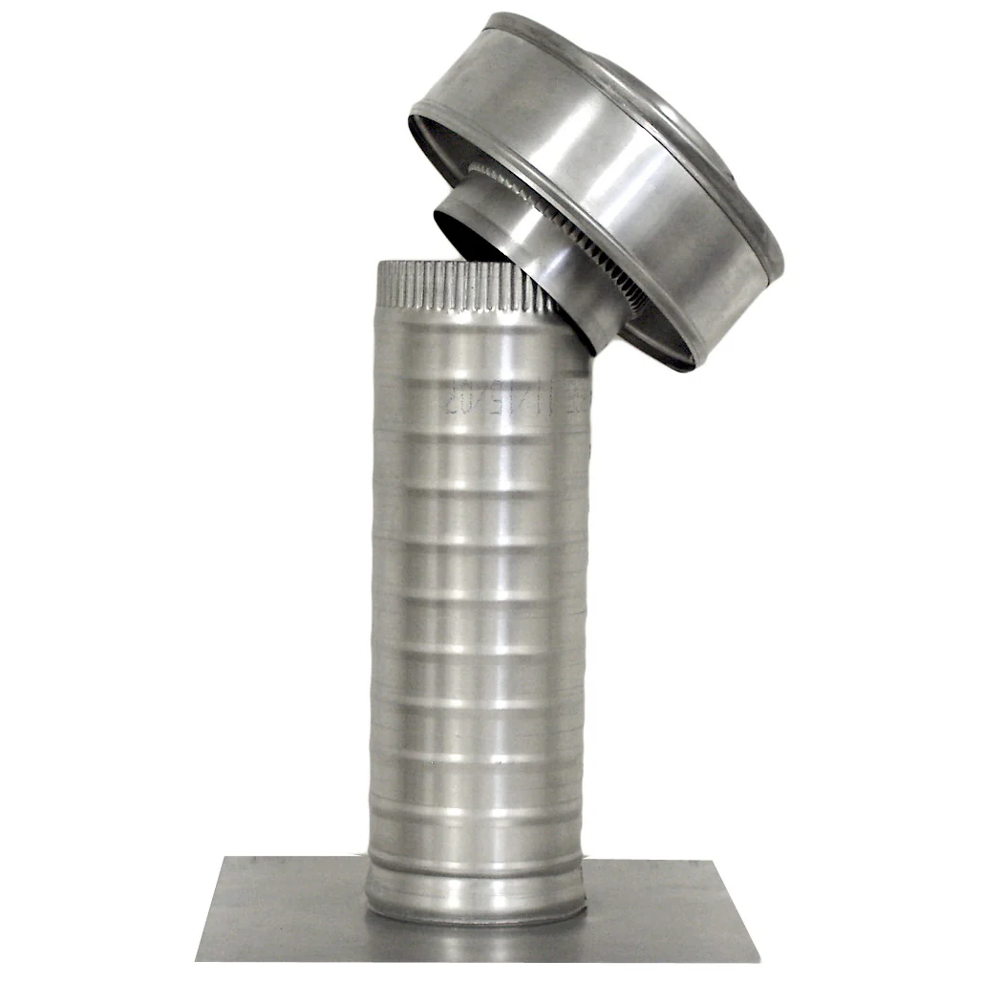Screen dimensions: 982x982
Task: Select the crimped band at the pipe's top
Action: tap(468, 287)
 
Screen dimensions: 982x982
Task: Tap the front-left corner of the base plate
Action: tap(198, 957)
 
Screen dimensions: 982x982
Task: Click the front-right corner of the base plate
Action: tap(758, 960)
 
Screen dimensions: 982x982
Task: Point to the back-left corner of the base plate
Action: tap(225, 858)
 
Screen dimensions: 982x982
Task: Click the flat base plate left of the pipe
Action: tap(287, 907)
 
